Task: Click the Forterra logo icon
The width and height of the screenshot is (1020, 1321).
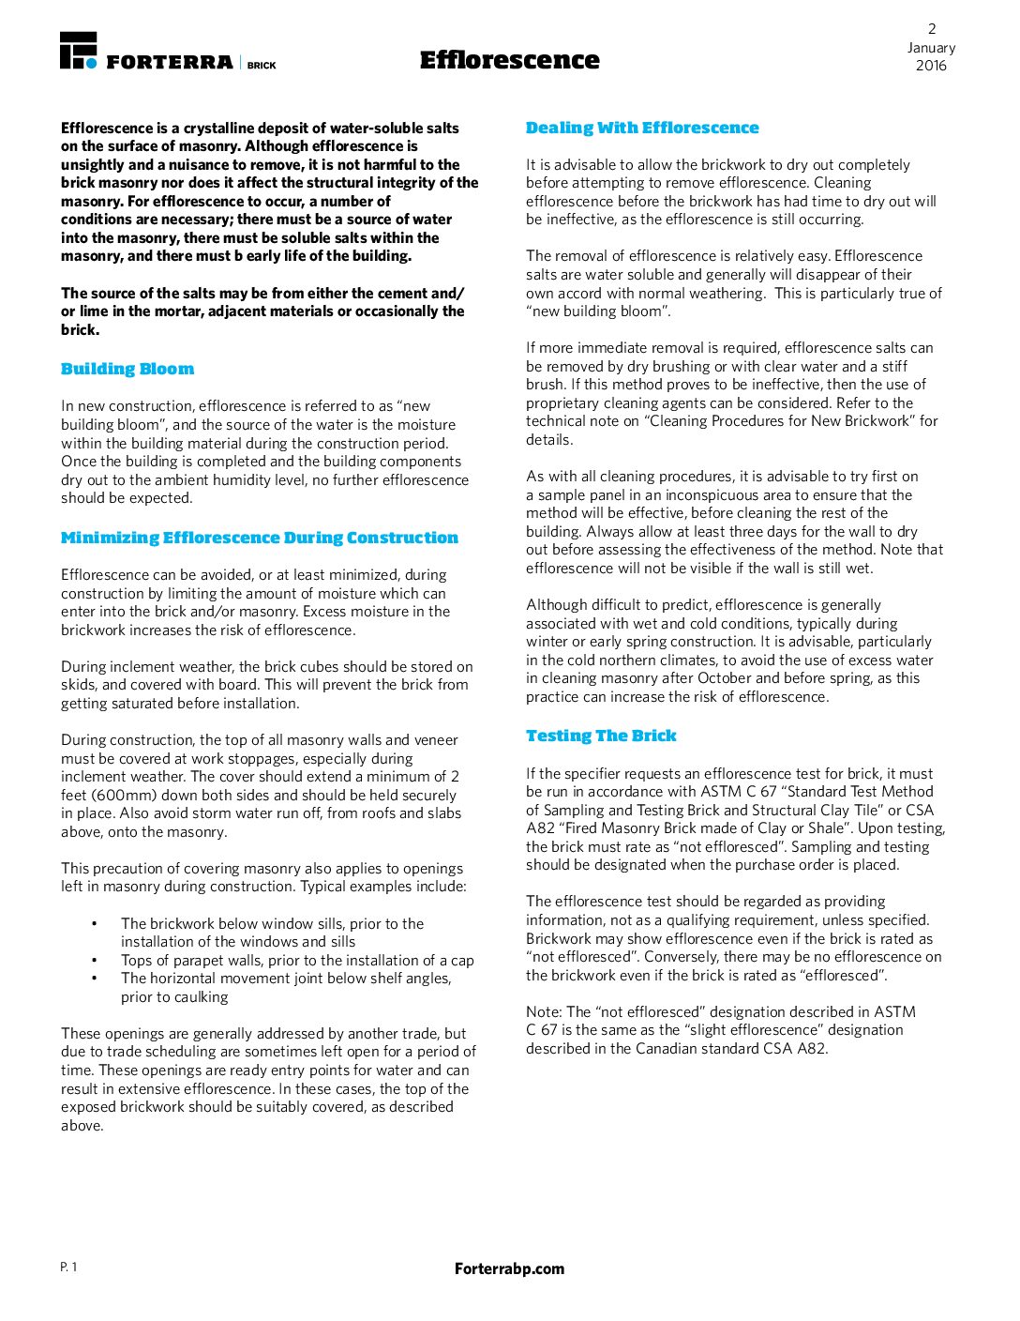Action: (78, 50)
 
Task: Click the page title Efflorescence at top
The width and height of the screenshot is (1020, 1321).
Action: (509, 60)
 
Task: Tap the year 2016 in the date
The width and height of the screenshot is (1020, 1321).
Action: (931, 66)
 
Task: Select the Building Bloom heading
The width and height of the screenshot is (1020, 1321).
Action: (127, 369)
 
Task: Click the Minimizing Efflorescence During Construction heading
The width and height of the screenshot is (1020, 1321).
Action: (260, 538)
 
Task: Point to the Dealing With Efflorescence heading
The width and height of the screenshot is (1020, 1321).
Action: (642, 128)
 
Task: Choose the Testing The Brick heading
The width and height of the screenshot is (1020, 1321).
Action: (601, 736)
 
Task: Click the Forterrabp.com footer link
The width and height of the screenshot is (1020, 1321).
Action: (509, 1268)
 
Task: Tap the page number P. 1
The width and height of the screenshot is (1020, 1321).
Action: (69, 1268)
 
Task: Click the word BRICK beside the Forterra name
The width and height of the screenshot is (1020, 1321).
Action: (262, 66)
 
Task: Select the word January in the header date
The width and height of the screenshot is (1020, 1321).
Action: (931, 48)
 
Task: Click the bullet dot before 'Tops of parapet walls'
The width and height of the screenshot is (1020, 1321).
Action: (94, 960)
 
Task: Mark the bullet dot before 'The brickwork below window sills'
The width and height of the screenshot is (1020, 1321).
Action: (94, 923)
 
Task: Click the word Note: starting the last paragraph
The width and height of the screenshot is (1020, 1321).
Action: (545, 1011)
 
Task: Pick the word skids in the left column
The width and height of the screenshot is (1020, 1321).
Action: (79, 685)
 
